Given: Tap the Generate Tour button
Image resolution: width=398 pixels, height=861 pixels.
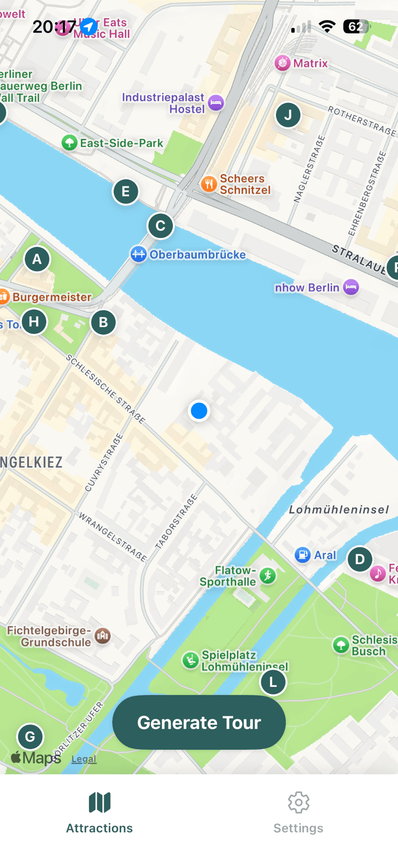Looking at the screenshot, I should point(199,722).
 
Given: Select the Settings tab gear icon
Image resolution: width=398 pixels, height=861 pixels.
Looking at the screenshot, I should point(298,802).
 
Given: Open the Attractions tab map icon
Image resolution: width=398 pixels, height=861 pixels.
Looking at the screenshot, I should point(99,802).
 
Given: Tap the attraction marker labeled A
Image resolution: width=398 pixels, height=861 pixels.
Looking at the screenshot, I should point(37,259).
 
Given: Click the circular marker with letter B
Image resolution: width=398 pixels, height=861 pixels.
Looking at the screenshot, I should point(103,322).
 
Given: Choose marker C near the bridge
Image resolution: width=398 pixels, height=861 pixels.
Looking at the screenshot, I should point(160,226).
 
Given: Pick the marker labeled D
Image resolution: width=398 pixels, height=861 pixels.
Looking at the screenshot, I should point(360,559).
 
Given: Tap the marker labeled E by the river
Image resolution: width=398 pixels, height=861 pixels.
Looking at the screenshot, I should point(125,192).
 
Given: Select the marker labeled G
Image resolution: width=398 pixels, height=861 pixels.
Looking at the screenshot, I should point(30,736).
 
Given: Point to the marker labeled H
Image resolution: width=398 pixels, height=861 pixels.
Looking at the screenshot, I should point(34,322).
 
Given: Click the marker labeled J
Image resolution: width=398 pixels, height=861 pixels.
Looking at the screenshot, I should point(288,115).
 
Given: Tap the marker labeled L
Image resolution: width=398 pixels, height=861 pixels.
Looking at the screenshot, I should point(273,682).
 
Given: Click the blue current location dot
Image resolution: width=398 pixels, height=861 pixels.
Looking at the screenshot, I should point(199,411).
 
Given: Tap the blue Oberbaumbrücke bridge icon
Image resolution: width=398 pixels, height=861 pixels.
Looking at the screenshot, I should point(139,254).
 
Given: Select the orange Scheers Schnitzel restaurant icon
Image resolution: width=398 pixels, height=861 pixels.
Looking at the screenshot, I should point(209,183).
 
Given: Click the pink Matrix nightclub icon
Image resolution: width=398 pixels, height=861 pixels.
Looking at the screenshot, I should point(283,63).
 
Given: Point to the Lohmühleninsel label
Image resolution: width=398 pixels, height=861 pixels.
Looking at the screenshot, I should point(339,510).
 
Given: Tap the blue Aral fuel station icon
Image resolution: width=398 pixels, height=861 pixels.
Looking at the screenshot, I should point(303,555).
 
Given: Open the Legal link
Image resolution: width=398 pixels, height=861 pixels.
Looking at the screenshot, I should point(84,759).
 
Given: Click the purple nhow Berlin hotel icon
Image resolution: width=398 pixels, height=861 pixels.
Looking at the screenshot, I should point(351,287).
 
